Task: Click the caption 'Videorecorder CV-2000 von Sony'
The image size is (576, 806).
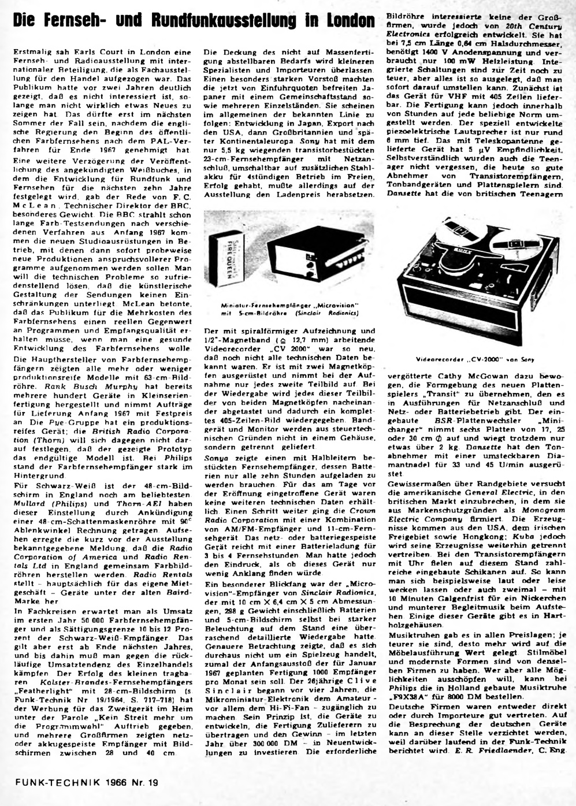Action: click(x=475, y=359)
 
